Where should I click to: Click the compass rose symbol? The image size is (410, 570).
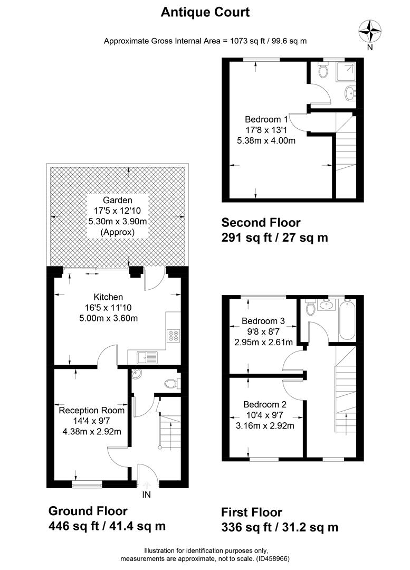(370, 32)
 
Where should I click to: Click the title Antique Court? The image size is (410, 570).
(205, 12)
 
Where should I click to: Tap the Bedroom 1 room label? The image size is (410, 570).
(266, 119)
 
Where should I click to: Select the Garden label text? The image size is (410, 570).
(117, 200)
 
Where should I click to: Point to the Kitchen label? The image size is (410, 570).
(108, 297)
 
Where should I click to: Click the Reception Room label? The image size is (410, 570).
(92, 411)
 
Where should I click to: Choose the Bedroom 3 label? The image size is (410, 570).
(263, 321)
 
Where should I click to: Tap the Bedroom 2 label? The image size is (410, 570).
(265, 404)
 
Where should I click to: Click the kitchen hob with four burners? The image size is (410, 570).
(173, 336)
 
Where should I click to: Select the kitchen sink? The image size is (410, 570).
(147, 357)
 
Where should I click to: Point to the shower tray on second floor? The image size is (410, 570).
(346, 72)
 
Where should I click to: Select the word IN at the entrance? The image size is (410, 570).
(147, 495)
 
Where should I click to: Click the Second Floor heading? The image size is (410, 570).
(261, 223)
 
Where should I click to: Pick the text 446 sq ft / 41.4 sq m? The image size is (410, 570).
(107, 526)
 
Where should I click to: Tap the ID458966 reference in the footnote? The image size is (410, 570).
(273, 558)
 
